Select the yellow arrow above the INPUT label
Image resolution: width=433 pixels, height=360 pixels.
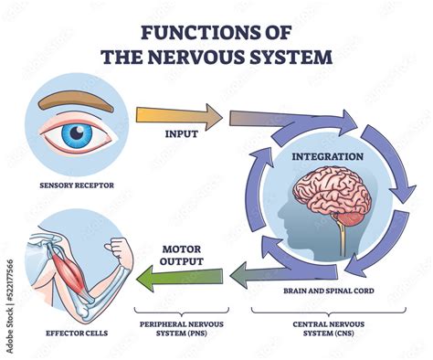[x=179, y=117]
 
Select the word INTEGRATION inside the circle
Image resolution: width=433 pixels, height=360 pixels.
[x=327, y=156]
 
